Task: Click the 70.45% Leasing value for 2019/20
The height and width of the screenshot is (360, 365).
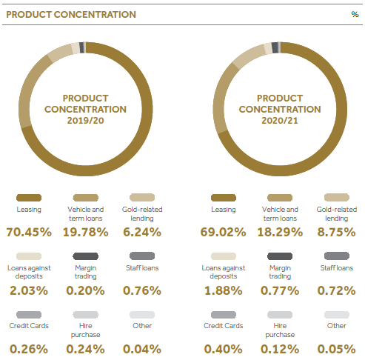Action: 29,232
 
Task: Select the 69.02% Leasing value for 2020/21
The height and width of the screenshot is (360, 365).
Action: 223,232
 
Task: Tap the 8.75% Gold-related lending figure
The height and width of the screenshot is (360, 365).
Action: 336,232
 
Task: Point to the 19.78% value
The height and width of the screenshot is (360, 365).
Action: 85,232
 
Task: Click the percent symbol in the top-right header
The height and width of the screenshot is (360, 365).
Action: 355,14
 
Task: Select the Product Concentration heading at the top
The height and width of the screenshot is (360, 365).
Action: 71,15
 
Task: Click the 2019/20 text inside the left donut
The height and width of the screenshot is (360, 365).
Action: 85,121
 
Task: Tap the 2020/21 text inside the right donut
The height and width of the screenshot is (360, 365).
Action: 280,121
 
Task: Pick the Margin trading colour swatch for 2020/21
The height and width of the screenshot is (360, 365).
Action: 280,256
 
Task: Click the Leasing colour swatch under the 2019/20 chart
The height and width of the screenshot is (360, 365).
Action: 29,198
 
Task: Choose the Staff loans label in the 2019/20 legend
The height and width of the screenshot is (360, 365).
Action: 142,268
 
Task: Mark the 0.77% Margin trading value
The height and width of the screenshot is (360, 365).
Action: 280,290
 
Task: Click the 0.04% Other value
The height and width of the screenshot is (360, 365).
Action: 142,349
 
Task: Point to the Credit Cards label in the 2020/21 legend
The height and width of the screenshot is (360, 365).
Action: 224,326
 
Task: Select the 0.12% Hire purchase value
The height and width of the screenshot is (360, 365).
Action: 280,349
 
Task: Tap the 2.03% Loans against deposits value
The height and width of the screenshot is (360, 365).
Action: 29,290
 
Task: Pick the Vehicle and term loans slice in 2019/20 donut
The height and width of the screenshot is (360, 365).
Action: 28,91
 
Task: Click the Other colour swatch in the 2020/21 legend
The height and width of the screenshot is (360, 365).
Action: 337,315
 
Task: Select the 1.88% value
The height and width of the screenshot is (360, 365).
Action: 224,290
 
